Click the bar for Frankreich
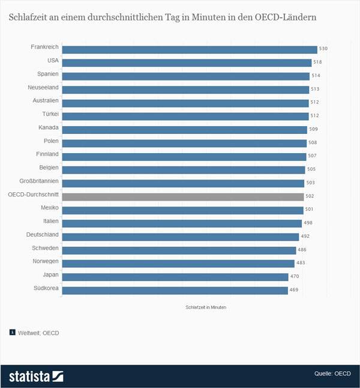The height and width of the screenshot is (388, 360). pyautogui.click(x=190, y=49)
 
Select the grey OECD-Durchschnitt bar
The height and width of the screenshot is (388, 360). pyautogui.click(x=183, y=196)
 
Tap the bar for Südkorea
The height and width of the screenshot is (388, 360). pyautogui.click(x=175, y=290)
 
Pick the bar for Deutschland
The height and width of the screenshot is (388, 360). pyautogui.click(x=179, y=237)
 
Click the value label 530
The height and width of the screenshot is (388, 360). pyautogui.click(x=323, y=49)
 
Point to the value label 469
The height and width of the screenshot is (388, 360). pyautogui.click(x=295, y=290)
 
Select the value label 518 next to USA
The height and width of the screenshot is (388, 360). pyautogui.click(x=318, y=62)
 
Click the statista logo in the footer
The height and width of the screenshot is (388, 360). pyautogui.click(x=36, y=376)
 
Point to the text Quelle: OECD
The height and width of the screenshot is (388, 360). pyautogui.click(x=332, y=374)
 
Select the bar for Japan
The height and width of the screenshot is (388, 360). pyautogui.click(x=175, y=277)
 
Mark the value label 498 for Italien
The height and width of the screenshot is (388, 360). pyautogui.click(x=308, y=223)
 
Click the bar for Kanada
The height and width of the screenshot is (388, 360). pyautogui.click(x=185, y=129)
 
